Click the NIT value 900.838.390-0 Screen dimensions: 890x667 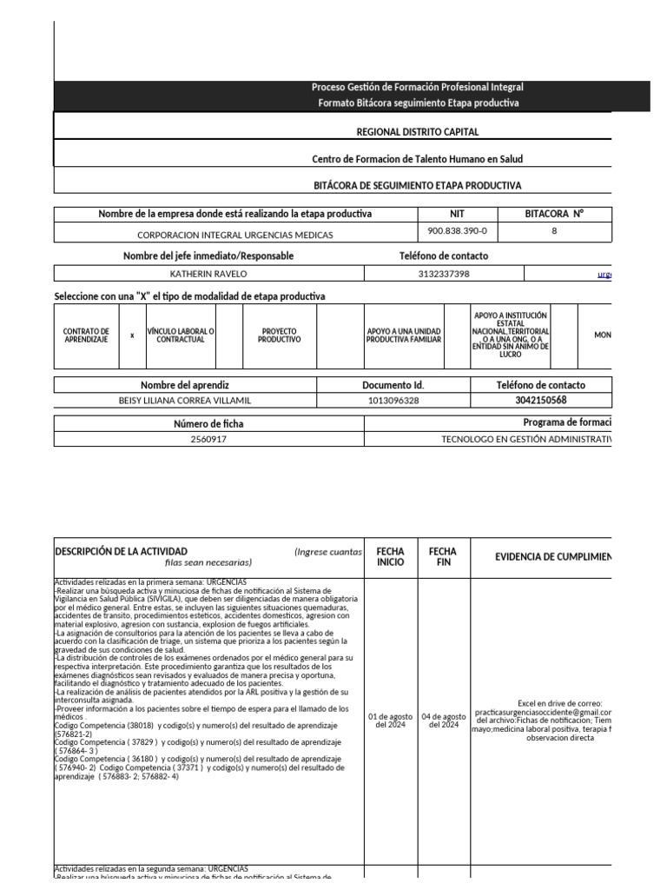coord(458,232)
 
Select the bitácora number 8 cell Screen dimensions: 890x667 coord(554,232)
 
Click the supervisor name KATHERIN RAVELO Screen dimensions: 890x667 coord(208,274)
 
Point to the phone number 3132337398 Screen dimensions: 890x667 coord(443,274)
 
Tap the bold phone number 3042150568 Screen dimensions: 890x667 coord(529,401)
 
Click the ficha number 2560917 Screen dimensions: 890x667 coord(208,440)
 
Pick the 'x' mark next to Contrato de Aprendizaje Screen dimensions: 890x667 coord(132,335)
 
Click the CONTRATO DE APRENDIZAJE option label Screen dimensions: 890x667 coord(87,335)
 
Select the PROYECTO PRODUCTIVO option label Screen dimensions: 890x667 coord(279,335)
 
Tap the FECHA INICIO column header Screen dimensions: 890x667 coord(390,556)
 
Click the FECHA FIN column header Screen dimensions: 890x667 coord(443,556)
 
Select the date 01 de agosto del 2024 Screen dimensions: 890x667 coord(390,721)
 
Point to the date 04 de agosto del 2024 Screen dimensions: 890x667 coord(443,721)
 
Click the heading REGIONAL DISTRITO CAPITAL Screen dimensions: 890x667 coord(417,132)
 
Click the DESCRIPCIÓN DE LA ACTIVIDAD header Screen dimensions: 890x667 coord(121,551)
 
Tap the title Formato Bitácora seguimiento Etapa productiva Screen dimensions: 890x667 coord(417,103)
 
